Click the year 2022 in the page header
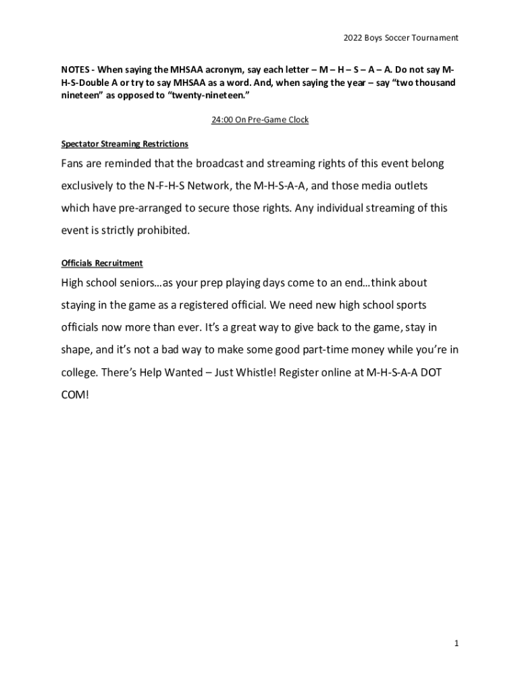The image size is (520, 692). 353,38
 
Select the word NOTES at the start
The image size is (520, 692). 76,70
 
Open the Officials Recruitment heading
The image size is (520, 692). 101,263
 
